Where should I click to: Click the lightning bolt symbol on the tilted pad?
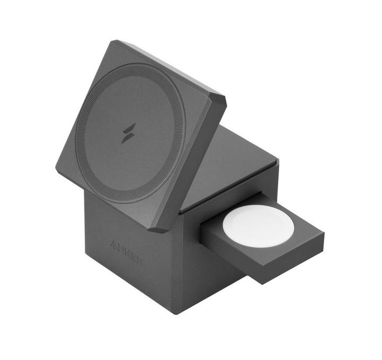click(129, 133)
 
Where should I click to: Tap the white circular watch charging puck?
click(258, 226)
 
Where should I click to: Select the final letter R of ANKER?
click(139, 262)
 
